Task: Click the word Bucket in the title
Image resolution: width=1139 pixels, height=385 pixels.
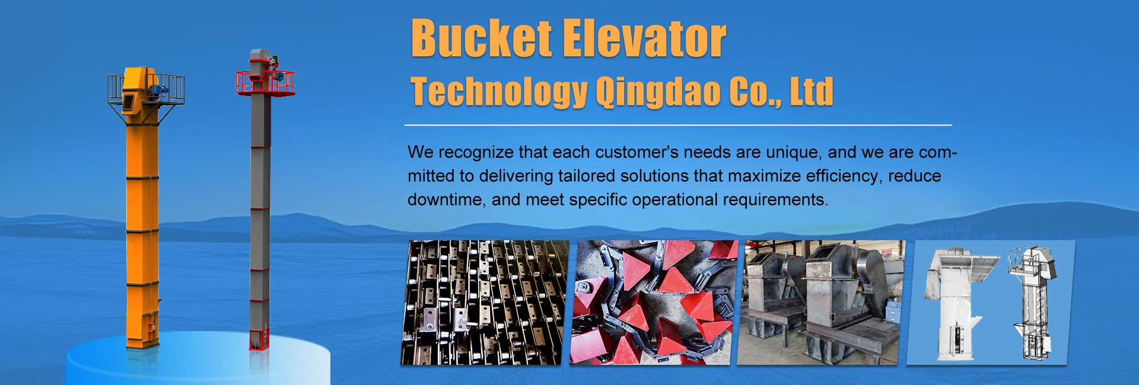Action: (x=481, y=39)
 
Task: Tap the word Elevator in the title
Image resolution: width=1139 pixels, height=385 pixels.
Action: (x=644, y=39)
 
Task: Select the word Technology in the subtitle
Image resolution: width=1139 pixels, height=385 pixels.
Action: (x=499, y=93)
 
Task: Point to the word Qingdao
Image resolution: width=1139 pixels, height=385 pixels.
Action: (x=658, y=93)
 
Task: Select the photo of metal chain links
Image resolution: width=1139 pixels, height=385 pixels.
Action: (x=484, y=303)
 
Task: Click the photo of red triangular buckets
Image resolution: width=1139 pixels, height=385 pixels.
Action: (x=653, y=303)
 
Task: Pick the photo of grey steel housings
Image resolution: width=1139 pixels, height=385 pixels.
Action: (x=822, y=303)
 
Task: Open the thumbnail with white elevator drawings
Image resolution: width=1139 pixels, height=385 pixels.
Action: (x=991, y=303)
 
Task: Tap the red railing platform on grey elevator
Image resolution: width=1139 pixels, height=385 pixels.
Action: (x=265, y=82)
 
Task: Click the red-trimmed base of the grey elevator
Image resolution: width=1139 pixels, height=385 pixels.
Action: (x=259, y=338)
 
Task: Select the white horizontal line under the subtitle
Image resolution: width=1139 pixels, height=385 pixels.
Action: (x=678, y=125)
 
